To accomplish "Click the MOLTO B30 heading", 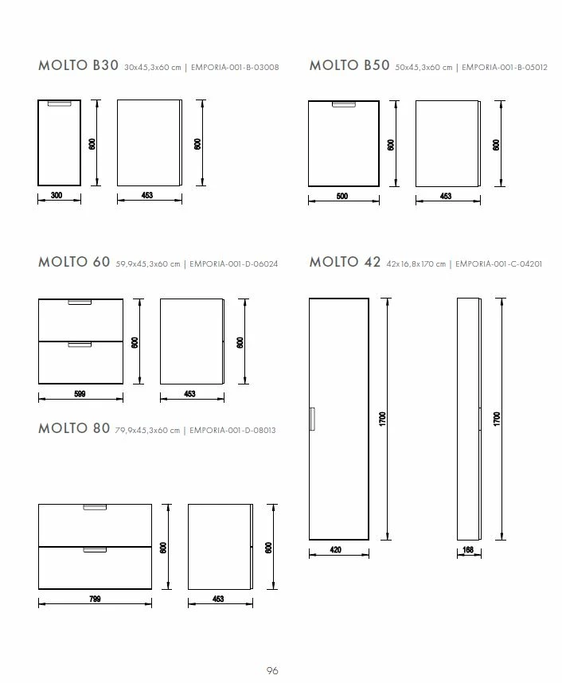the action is (79, 65).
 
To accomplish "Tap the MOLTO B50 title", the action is (349, 65).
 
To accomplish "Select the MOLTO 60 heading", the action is (74, 262).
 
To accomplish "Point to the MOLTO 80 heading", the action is (74, 428).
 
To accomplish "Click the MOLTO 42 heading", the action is (345, 262).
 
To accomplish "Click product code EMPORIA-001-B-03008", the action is (235, 68).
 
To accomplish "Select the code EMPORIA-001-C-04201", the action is (499, 264).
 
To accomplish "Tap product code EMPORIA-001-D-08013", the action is (232, 431).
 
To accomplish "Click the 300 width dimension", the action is (57, 195).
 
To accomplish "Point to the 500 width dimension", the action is (342, 196).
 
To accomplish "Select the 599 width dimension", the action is (80, 394).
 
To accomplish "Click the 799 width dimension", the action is (95, 599).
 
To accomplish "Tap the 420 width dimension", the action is (335, 550).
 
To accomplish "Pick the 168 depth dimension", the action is (468, 550).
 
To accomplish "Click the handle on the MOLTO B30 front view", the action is (59, 103).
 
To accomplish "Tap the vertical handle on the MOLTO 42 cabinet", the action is (312, 419).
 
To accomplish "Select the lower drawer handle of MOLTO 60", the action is (80, 345).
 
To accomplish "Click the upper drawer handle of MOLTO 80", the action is (95, 507).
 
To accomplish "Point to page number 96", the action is (272, 670).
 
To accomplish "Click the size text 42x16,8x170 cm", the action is (416, 264).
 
